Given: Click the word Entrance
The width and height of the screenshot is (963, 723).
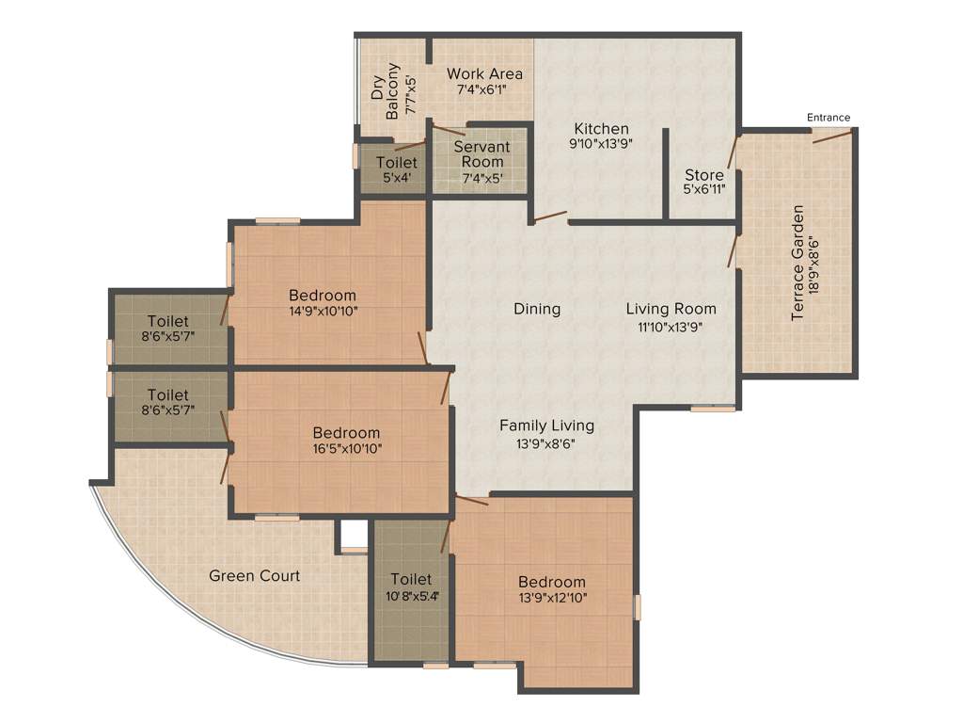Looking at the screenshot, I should (828, 118).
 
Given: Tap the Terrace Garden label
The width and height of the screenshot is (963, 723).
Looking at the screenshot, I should (797, 263).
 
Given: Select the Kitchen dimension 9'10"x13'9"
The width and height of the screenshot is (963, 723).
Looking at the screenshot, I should (602, 145).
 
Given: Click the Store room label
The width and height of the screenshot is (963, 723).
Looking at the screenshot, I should (703, 175).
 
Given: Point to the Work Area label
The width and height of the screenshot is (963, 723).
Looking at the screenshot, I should (484, 73).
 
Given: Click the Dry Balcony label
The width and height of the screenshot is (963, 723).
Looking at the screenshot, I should (386, 90).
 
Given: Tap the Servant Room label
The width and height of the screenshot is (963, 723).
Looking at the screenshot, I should (481, 154).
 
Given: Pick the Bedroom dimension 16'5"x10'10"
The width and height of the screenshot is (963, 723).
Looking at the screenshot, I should (347, 448).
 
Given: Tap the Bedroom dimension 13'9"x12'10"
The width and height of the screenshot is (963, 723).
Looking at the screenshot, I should (552, 597).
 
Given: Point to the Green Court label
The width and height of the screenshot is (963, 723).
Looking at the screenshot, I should (254, 575).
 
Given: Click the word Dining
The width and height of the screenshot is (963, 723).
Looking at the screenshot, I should (537, 309).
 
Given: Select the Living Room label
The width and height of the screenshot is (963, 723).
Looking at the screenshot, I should (671, 309).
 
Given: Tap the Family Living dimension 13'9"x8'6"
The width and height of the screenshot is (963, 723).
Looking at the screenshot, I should (546, 442).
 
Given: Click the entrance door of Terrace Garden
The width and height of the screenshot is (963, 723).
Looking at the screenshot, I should (833, 136).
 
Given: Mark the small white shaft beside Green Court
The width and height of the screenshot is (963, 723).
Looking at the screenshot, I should (354, 535).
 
